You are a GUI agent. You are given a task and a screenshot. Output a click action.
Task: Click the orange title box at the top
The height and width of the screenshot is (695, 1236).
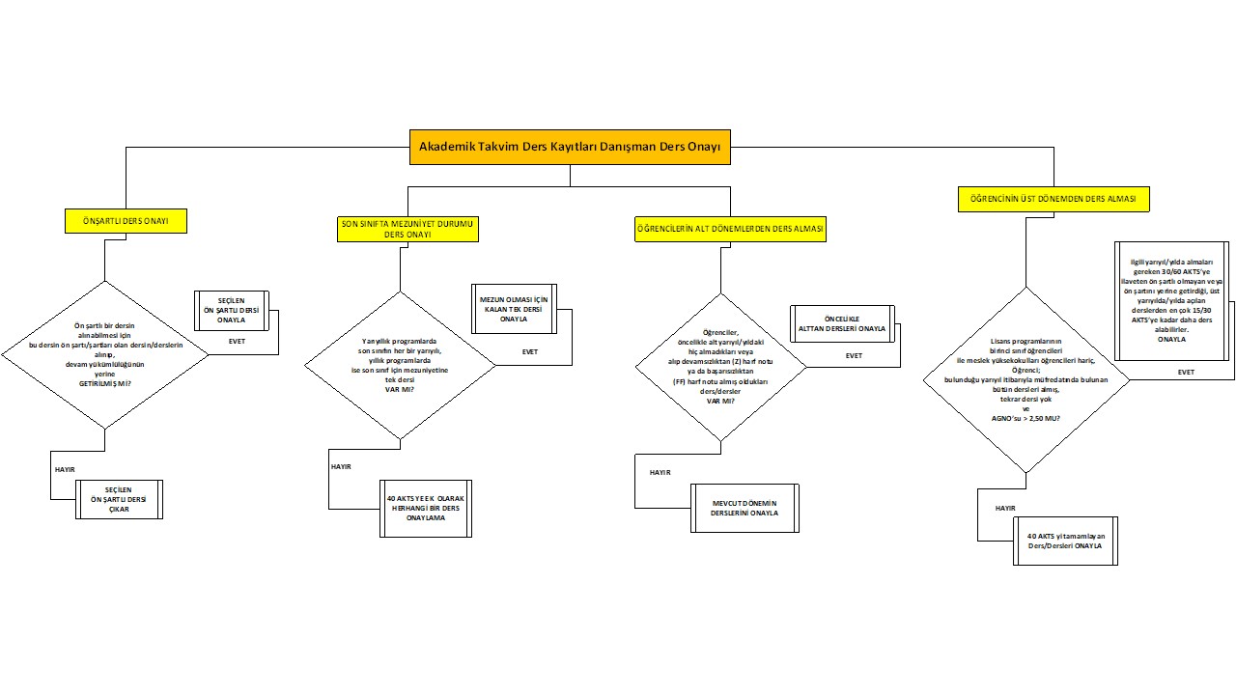point(570,148)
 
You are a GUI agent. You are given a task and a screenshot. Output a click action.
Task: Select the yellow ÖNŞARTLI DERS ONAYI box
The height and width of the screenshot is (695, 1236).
point(126,221)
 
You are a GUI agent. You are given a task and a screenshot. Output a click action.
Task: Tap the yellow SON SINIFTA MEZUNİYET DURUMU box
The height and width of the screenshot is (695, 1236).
point(408,229)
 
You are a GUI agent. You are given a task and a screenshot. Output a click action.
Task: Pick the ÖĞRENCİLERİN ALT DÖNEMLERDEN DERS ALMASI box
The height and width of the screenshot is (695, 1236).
point(730,229)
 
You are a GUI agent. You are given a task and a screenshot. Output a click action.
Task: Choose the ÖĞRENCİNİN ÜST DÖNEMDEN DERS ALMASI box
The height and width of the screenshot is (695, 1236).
point(1059,200)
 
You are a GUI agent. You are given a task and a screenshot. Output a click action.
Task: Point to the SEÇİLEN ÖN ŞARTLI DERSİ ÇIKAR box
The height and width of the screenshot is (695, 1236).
point(120,499)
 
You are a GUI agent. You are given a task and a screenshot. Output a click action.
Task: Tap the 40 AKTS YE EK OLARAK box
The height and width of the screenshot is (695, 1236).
point(425,508)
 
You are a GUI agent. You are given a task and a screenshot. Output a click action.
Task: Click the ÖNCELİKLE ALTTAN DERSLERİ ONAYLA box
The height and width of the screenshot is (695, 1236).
point(842,323)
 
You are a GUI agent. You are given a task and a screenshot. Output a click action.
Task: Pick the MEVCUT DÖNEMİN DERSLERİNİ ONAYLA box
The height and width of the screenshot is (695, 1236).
point(744,508)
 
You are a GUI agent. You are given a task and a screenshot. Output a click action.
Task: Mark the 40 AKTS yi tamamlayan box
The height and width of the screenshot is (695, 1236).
point(1066,541)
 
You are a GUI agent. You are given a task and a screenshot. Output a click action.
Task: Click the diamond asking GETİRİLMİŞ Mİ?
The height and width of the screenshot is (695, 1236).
point(104,354)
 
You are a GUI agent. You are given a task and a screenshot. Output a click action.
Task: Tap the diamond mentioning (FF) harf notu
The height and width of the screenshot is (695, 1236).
point(719,367)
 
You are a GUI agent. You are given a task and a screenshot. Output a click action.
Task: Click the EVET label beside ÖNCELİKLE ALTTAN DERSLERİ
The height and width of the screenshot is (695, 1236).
point(854,356)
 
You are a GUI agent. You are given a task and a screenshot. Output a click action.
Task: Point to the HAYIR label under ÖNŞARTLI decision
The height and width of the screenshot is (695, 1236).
point(65,468)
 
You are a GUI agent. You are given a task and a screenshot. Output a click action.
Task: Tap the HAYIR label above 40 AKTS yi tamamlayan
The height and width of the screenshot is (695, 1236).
point(1005,507)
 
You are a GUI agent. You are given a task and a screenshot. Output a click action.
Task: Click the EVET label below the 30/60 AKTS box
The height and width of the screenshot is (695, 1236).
point(1186,372)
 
